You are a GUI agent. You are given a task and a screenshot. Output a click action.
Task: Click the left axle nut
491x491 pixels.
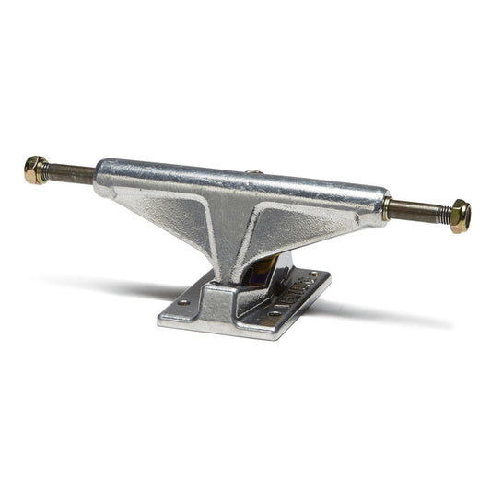point(37,170)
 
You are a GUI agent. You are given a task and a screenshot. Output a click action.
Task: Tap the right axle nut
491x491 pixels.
point(460,216)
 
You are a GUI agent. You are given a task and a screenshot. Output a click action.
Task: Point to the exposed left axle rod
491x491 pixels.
point(72,173)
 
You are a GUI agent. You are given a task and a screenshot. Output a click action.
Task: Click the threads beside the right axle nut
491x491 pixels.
point(442,214)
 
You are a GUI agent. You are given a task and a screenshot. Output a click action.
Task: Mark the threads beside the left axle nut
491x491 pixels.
point(50,171)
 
